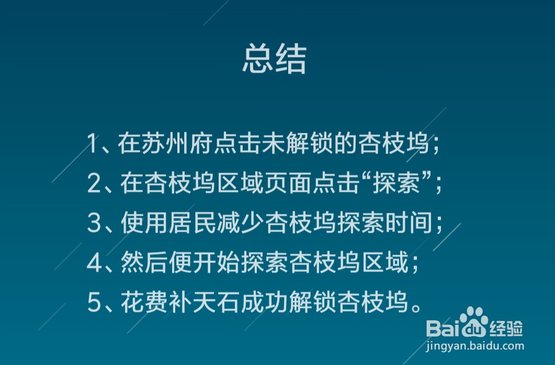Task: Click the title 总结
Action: click(x=274, y=59)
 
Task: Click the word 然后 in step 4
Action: click(x=141, y=263)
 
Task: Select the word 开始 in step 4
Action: click(x=213, y=263)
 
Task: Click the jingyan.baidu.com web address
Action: click(x=475, y=346)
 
